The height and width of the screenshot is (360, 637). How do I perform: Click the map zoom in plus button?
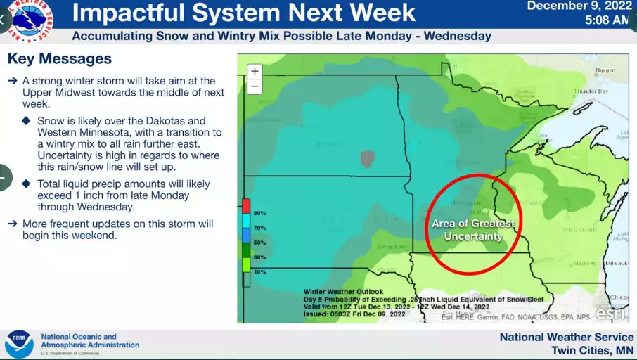pos(255,71)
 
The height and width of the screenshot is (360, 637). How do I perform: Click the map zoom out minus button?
pos(255,86)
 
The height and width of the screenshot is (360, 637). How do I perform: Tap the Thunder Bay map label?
pos(591,92)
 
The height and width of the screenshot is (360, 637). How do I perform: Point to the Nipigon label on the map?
pos(605,70)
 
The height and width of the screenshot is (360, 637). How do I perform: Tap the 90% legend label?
pos(260,213)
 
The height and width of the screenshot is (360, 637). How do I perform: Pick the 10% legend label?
pos(260,271)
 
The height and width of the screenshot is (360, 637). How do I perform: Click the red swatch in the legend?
pos(246,205)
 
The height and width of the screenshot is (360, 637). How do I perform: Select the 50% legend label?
pos(260,242)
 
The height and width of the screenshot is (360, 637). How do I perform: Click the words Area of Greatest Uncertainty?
pos(473,230)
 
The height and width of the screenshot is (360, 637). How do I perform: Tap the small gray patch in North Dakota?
pos(366,158)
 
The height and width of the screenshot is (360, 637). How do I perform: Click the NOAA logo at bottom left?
pos(19,345)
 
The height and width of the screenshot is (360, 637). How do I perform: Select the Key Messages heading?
pos(59,58)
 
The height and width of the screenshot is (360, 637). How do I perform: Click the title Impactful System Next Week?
pos(244,13)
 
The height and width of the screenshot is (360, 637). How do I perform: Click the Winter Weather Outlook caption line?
pos(344,291)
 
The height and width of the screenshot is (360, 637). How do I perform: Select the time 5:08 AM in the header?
pos(606,20)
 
